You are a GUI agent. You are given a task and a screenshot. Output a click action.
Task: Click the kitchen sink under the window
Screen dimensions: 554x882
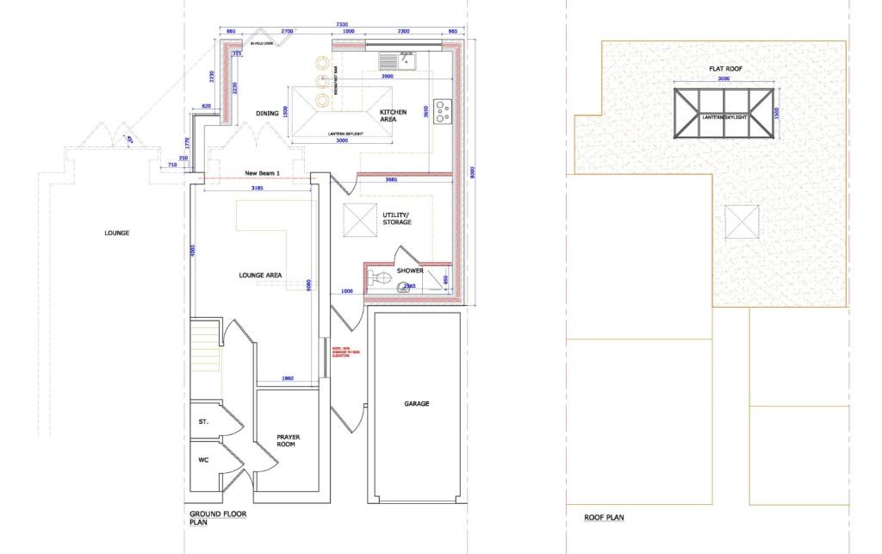click(x=397, y=60)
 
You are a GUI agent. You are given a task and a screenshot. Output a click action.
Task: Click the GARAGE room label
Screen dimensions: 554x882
click(x=417, y=403)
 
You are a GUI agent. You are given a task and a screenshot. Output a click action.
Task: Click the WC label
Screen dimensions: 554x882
click(x=204, y=460)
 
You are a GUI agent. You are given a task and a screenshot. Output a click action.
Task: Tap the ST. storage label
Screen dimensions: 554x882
click(x=204, y=421)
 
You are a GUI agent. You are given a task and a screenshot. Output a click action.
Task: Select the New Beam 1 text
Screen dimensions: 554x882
click(x=262, y=172)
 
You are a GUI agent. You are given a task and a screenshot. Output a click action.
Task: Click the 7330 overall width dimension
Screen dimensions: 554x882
click(x=342, y=24)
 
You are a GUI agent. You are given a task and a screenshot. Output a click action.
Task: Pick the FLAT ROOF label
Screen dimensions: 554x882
click(x=725, y=68)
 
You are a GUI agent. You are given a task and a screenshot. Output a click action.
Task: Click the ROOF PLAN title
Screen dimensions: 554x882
click(x=603, y=517)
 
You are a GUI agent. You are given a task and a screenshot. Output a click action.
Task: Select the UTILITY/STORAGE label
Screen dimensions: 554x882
click(x=397, y=218)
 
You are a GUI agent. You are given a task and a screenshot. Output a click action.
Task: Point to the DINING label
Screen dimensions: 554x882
click(x=267, y=113)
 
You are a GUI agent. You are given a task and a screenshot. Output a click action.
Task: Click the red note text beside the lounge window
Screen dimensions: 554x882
click(x=342, y=352)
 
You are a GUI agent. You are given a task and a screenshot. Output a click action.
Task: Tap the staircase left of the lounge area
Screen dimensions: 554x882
click(x=205, y=344)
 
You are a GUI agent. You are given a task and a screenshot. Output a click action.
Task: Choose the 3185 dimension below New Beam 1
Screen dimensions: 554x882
click(x=256, y=186)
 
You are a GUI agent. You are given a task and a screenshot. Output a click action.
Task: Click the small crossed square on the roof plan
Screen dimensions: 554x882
click(x=742, y=222)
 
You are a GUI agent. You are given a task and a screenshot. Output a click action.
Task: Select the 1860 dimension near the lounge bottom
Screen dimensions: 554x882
click(x=288, y=379)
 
